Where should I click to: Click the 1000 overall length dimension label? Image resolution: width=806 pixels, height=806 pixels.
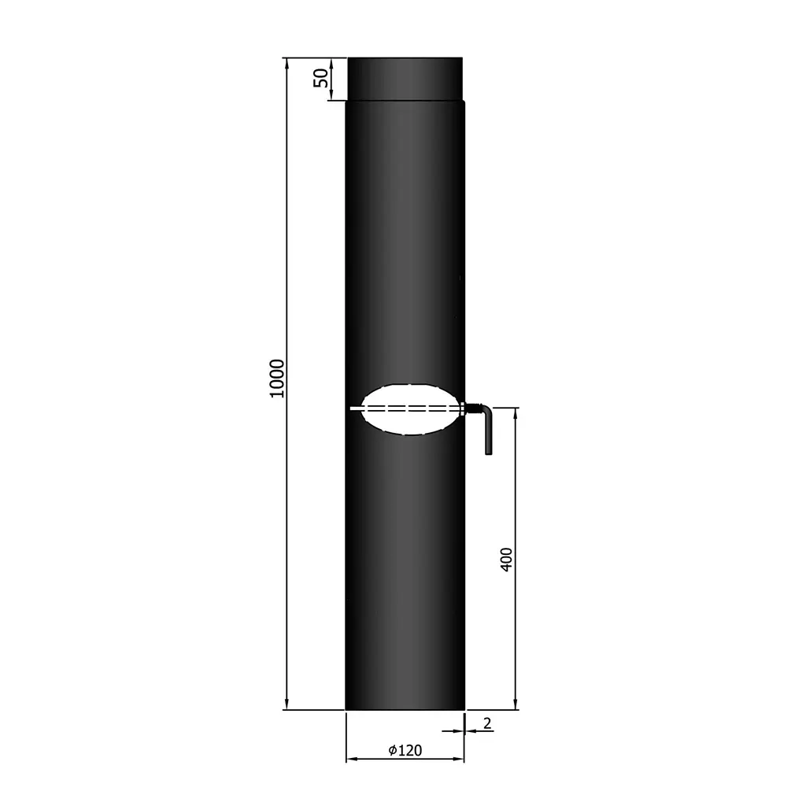click(x=276, y=378)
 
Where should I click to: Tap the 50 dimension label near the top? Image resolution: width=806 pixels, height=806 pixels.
click(x=320, y=78)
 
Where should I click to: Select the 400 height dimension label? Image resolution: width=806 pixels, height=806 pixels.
click(x=507, y=559)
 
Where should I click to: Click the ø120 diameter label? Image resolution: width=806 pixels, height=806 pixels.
click(x=406, y=750)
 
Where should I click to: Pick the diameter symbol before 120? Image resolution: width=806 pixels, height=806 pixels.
click(x=393, y=750)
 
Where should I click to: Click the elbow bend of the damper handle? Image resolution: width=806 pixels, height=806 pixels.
click(x=486, y=410)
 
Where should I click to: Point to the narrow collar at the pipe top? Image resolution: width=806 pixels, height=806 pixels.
click(x=405, y=78)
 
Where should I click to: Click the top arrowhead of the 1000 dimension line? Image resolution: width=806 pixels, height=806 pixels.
click(x=287, y=62)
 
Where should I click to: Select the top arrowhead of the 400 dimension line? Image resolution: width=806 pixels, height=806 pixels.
click(x=516, y=413)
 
